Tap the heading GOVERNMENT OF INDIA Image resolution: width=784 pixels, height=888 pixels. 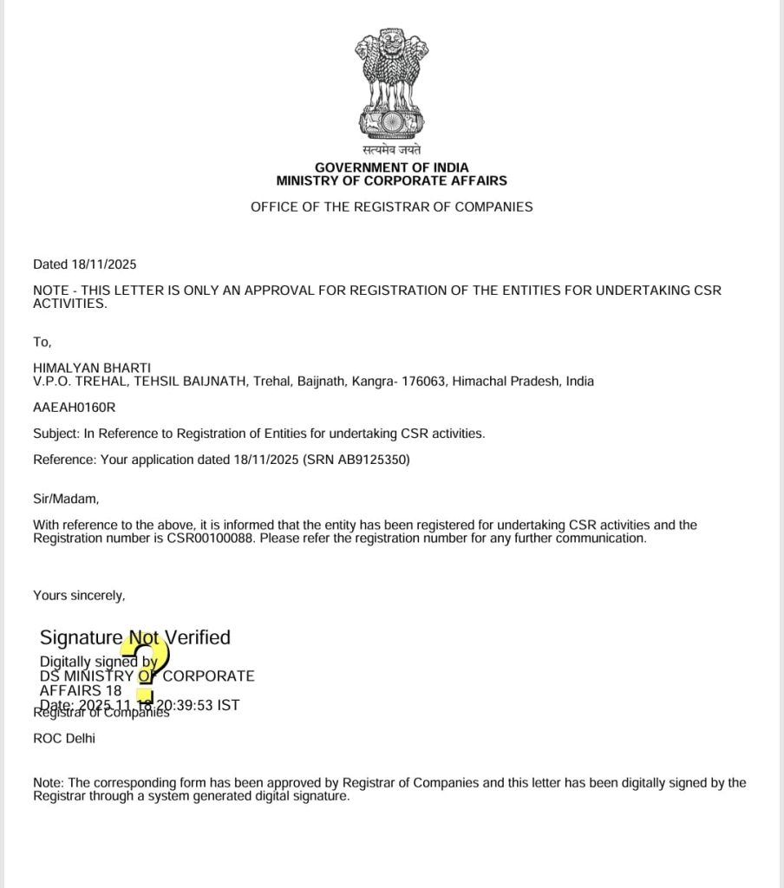click(391, 167)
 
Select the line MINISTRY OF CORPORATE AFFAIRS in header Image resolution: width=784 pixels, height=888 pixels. click(391, 181)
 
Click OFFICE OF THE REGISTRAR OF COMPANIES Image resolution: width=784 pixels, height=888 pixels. click(391, 207)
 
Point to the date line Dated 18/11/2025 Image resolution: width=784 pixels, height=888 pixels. click(84, 264)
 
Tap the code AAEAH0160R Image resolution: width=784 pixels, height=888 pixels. click(75, 406)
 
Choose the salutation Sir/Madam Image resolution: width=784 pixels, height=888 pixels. click(66, 499)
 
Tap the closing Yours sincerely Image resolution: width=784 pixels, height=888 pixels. click(79, 595)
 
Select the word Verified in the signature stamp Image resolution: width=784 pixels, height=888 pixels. click(197, 637)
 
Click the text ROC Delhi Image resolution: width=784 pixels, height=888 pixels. click(63, 739)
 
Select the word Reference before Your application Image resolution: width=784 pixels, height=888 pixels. click(65, 460)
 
